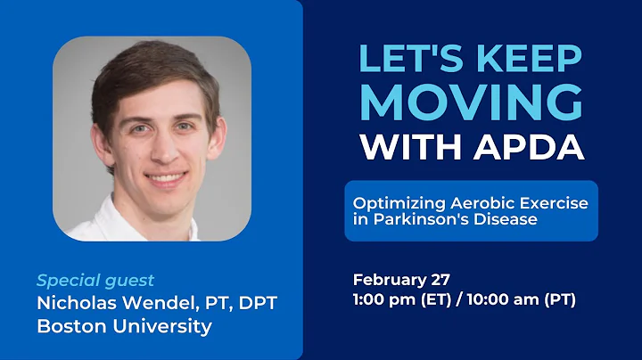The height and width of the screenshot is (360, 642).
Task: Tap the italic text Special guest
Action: coord(95,281)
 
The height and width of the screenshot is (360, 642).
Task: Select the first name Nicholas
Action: coord(77,303)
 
